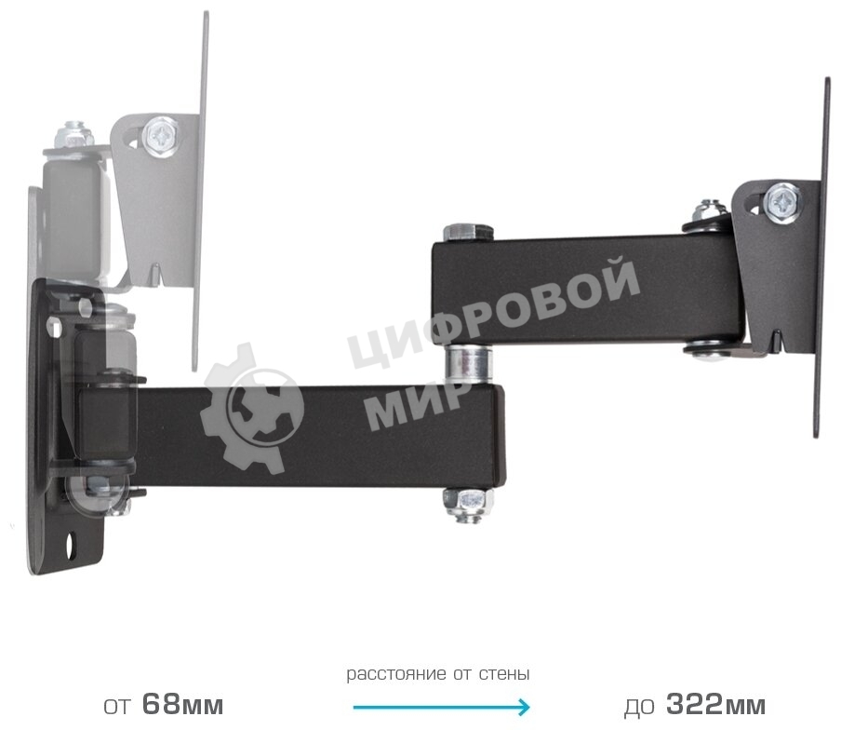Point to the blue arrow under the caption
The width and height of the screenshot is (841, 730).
point(441,707)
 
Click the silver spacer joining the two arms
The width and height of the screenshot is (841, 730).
point(467,362)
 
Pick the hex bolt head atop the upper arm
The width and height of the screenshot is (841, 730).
point(462,233)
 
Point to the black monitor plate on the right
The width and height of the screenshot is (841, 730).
point(821,261)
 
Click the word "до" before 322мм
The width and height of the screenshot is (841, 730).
point(638,706)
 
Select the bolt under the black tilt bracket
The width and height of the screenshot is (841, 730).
point(709,350)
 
